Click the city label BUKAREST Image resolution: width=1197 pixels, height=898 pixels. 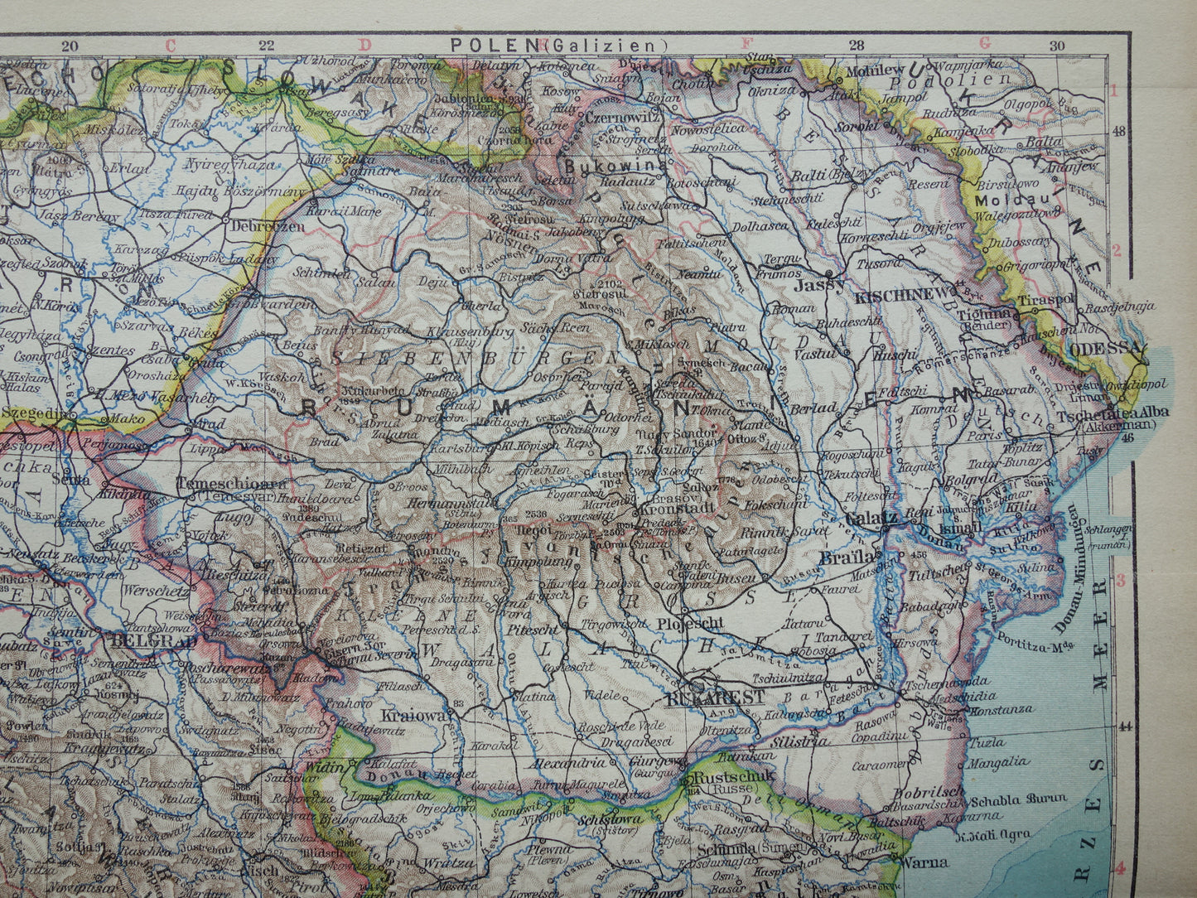(x=715, y=698)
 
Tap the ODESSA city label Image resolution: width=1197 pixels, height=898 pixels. (x=1103, y=350)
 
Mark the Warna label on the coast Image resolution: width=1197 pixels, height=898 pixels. (x=924, y=862)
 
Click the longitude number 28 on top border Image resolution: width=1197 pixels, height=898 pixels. (x=857, y=46)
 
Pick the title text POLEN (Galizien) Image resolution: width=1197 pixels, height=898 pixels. (x=557, y=45)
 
